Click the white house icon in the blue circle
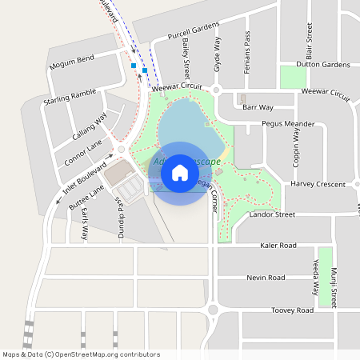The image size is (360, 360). (180, 172)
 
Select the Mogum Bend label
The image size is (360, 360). (71, 62)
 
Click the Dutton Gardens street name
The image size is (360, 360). (323, 64)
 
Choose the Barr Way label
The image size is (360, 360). (258, 106)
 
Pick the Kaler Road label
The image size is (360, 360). (278, 245)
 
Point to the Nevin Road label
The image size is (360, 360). (266, 278)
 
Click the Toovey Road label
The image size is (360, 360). (292, 310)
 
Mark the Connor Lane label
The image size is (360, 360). (84, 147)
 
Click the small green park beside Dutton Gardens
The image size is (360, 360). (294, 77)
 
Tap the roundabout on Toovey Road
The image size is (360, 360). (213, 310)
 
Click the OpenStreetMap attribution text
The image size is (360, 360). (81, 354)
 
